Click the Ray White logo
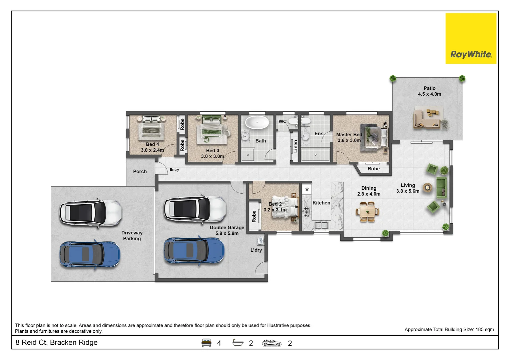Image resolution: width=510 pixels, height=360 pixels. point(471,38)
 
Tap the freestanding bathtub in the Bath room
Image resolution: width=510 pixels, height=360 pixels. point(257,123)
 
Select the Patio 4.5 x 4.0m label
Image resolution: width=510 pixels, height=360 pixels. point(429,91)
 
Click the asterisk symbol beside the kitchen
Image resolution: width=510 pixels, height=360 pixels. point(307,189)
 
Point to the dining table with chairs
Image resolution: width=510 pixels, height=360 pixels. point(368,212)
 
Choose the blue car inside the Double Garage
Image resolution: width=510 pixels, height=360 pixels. point(194,251)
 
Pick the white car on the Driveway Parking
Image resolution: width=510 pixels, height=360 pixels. point(91,213)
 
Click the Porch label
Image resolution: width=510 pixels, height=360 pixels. point(140,171)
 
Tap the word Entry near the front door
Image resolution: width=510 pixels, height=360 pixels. point(174,170)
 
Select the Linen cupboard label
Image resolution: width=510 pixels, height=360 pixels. point(296,146)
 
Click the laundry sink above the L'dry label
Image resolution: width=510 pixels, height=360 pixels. point(261,241)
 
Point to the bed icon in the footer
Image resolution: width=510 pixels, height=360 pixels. point(206,343)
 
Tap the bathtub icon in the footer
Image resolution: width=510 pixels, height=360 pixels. point(238,342)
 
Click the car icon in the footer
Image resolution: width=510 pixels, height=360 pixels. point(272,343)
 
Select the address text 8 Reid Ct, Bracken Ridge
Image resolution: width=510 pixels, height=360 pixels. point(56,342)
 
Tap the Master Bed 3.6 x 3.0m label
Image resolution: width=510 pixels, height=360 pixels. point(349,137)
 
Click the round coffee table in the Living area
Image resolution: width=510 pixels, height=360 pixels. point(428,188)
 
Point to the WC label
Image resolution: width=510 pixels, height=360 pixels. point(282,122)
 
